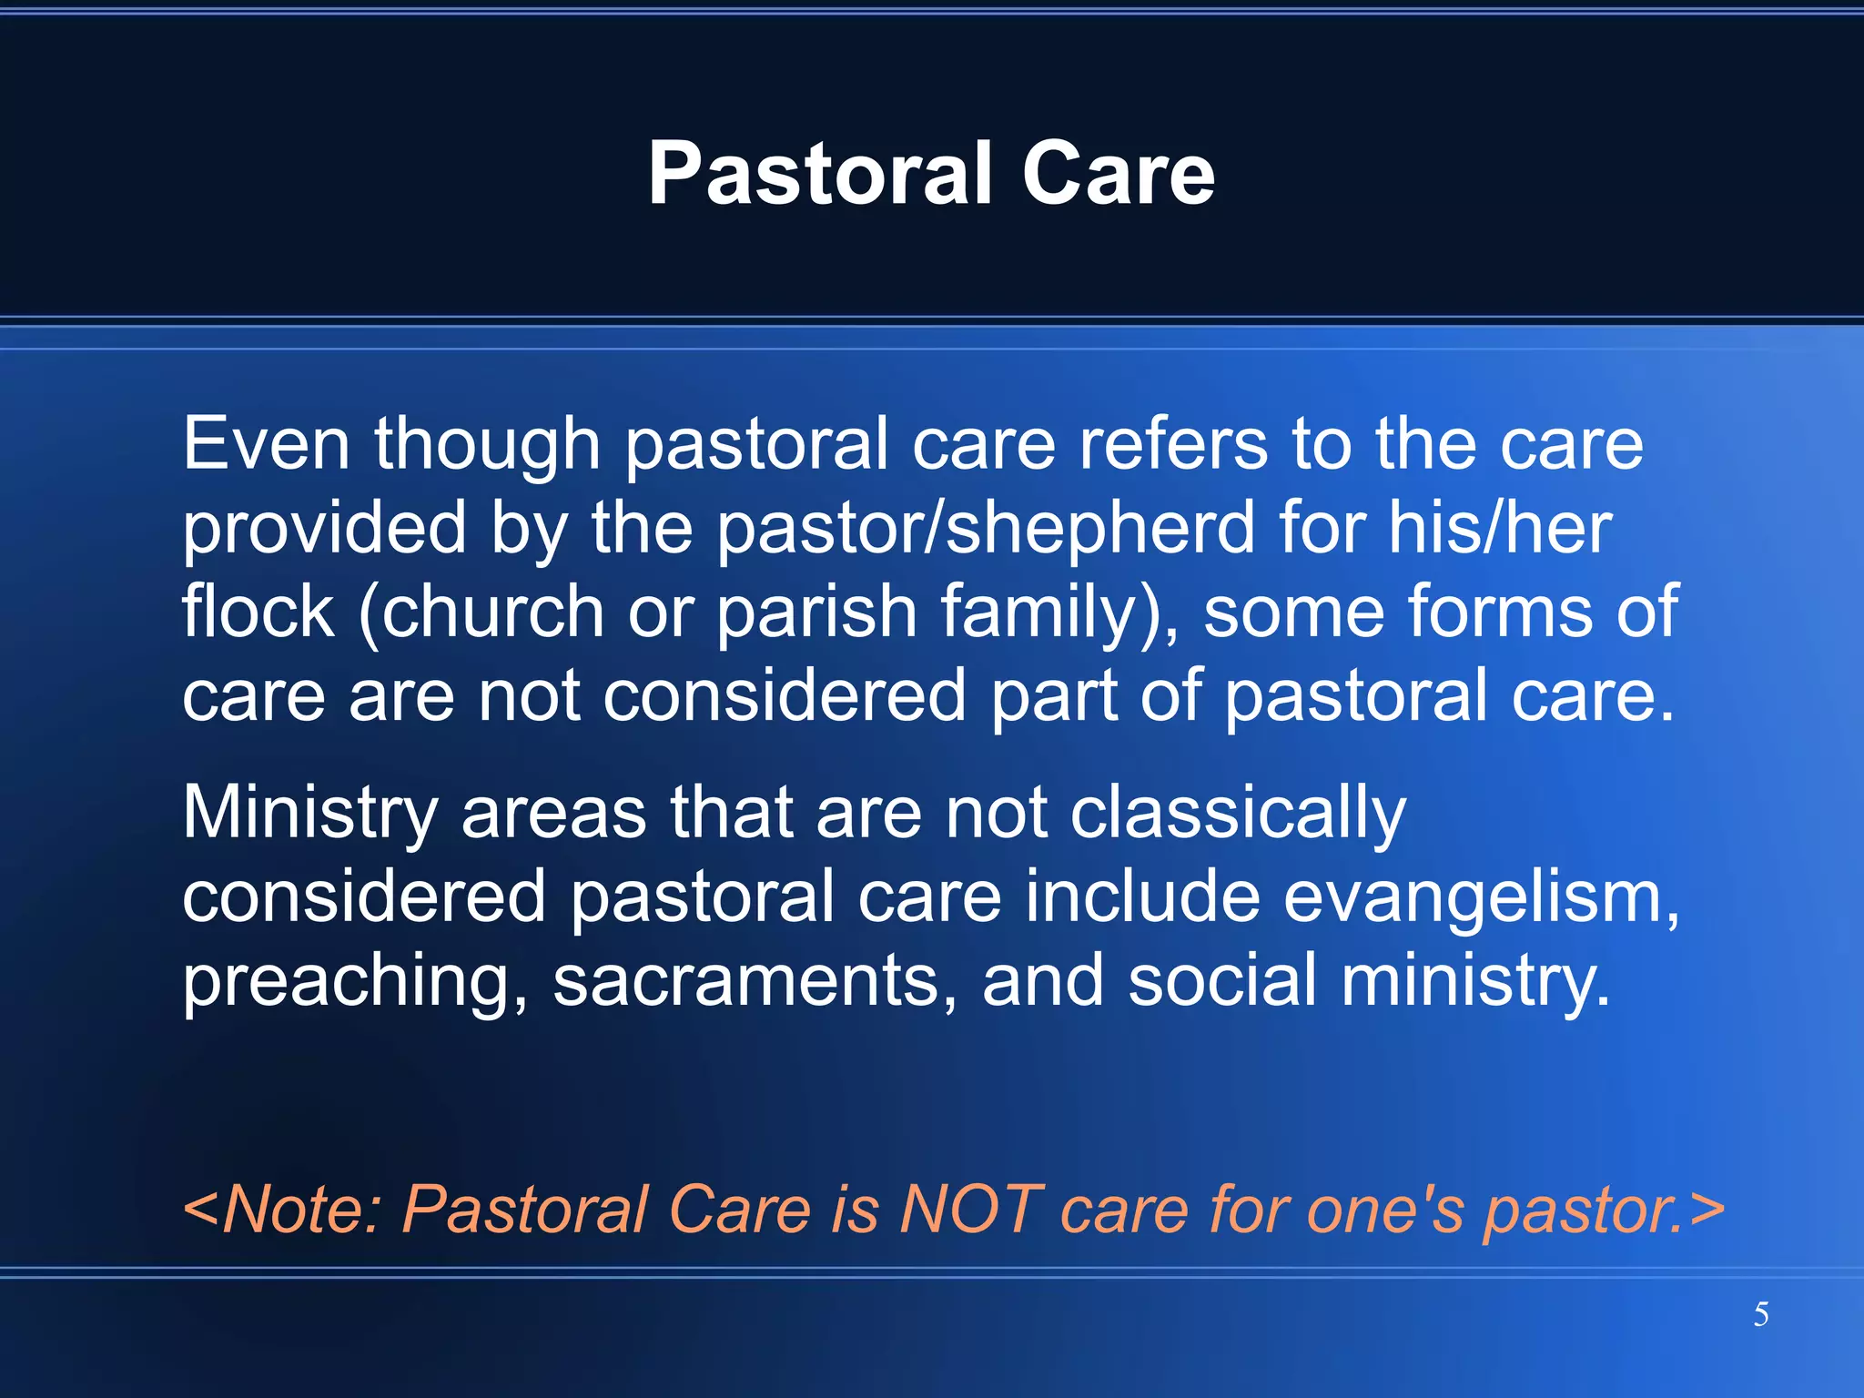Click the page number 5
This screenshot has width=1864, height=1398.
1761,1314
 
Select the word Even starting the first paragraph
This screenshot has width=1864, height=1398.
266,444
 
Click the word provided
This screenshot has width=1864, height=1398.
324,529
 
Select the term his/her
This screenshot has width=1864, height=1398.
1499,529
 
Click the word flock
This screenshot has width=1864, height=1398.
258,612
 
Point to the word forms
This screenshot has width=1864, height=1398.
1501,612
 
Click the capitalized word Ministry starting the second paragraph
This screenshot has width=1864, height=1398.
310,813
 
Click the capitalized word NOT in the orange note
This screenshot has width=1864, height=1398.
967,1210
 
